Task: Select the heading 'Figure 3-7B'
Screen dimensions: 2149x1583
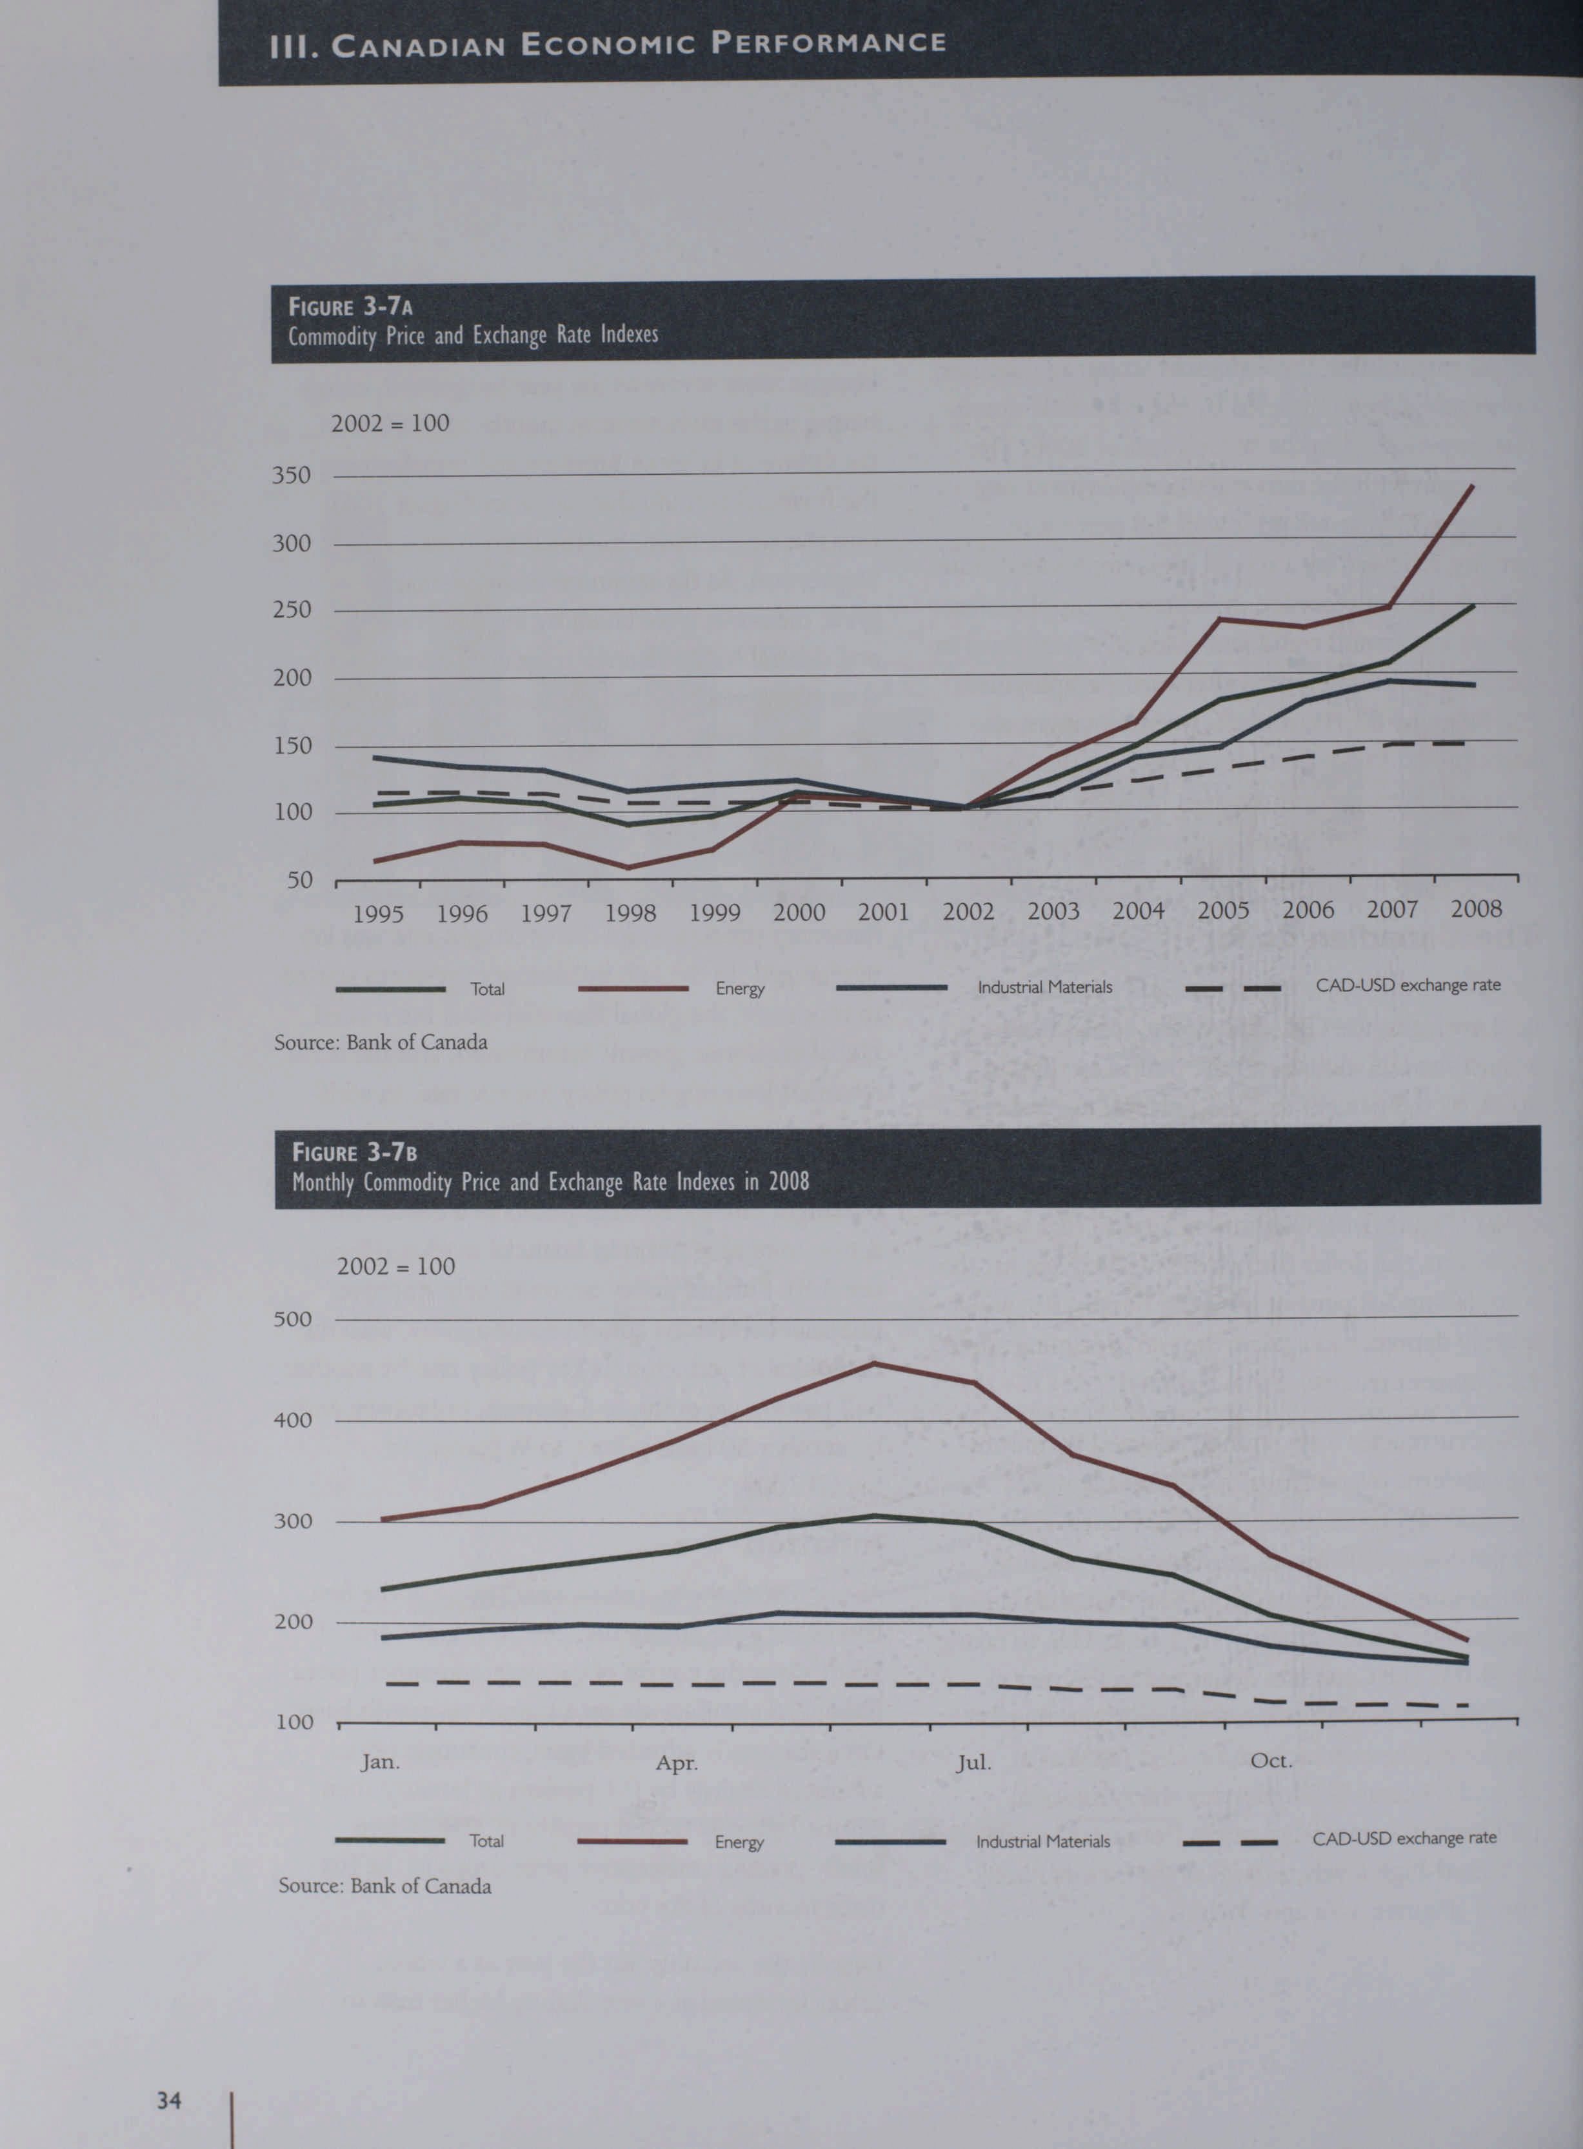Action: tap(353, 1153)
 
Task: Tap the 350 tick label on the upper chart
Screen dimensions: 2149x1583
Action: tap(292, 475)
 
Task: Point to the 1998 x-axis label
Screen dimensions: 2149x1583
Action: tap(630, 913)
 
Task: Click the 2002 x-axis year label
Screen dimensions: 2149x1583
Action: tap(968, 911)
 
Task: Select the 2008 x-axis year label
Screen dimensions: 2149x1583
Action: tap(1476, 908)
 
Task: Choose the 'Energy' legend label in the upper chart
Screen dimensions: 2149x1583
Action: tap(740, 988)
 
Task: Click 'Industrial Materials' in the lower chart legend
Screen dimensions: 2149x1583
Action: tap(1042, 1841)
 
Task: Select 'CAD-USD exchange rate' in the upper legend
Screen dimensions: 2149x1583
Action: tap(1408, 985)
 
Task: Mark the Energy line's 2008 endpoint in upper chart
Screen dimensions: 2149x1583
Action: tap(1472, 486)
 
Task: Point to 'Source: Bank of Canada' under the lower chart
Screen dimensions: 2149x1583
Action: tap(384, 1886)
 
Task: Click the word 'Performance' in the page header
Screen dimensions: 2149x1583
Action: tap(829, 43)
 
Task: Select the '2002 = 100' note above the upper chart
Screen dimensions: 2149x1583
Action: tap(390, 423)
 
